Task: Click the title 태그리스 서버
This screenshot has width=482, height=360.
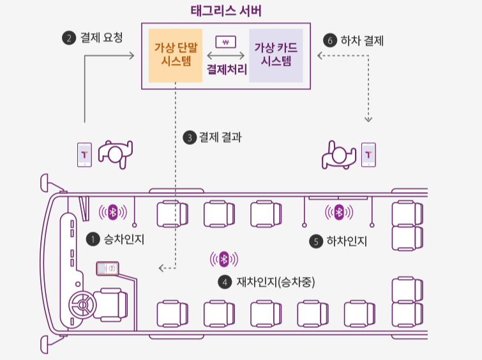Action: pos(226,11)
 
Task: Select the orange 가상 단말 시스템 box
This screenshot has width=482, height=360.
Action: pos(175,55)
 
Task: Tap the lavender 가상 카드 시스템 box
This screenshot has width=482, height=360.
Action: pos(276,55)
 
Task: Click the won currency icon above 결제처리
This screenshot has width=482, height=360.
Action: pos(226,43)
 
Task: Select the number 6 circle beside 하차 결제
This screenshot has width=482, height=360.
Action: pos(330,40)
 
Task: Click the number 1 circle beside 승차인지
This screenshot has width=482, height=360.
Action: pos(93,239)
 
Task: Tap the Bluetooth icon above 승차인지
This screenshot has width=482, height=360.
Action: pos(113,211)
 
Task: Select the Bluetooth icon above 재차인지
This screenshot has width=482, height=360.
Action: pos(224,259)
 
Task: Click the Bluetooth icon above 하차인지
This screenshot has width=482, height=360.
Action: pos(340,211)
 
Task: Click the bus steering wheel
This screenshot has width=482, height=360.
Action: pos(83,305)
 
